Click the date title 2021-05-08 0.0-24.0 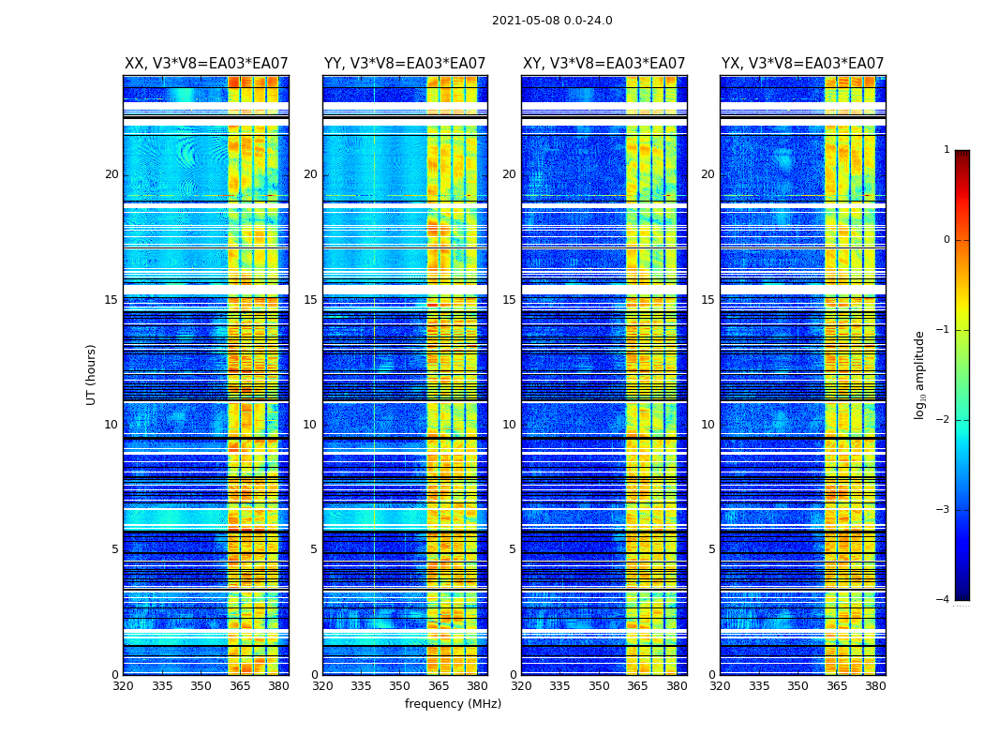(552, 21)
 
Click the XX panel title (206, 64)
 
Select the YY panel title (405, 64)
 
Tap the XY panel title (604, 64)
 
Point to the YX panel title (802, 64)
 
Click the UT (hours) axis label (92, 374)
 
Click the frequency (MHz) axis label (453, 704)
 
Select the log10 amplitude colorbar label (920, 374)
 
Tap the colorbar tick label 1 (947, 150)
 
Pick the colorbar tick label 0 (947, 240)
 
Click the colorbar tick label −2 (944, 420)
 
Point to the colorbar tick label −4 (944, 600)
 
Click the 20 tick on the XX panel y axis (112, 174)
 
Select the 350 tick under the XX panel (201, 686)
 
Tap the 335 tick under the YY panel (361, 686)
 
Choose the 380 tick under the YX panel (875, 686)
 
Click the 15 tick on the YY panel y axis (310, 300)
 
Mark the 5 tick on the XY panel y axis (513, 549)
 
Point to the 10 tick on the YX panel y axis (708, 425)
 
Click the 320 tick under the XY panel (521, 686)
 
